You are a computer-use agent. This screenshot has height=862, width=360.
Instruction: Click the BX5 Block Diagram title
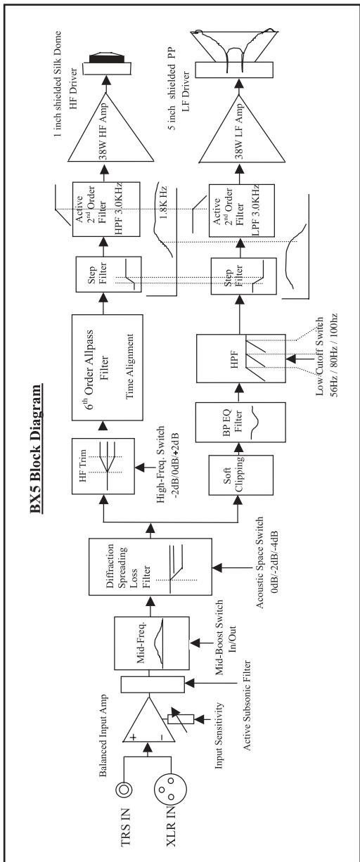(36, 449)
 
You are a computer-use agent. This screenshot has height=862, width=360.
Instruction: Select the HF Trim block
(103, 465)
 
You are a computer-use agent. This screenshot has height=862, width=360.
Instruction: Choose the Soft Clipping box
(241, 475)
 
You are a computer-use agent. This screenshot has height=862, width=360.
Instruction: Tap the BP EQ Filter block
(240, 422)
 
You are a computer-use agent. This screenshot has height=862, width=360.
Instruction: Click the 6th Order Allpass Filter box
(108, 367)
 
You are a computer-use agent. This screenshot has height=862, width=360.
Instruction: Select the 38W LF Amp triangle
(243, 127)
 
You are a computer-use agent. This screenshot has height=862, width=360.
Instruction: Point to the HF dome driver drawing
(107, 63)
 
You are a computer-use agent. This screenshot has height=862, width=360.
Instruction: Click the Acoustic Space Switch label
(267, 562)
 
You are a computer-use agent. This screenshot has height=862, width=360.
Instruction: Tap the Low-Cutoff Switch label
(326, 355)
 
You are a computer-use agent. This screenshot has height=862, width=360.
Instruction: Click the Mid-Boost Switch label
(225, 637)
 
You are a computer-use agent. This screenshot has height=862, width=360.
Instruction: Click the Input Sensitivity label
(219, 735)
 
